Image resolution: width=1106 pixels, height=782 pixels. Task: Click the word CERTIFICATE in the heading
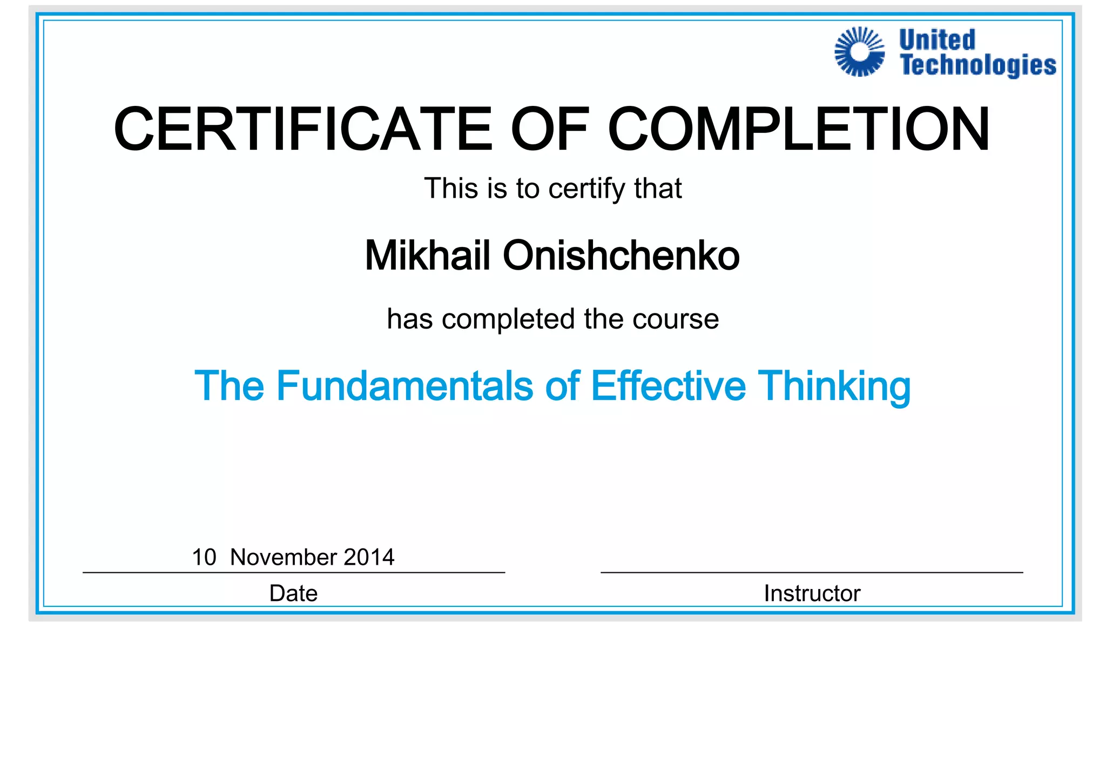[x=303, y=130]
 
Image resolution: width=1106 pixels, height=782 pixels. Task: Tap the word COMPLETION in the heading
[x=799, y=130]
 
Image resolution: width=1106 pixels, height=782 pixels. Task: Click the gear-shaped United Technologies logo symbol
[x=860, y=52]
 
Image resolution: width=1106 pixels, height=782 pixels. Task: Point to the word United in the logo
[x=938, y=40]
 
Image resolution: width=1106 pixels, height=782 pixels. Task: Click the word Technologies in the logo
[x=978, y=66]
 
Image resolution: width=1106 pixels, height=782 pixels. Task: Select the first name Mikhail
[x=427, y=256]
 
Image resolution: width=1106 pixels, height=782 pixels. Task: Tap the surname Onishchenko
[x=621, y=256]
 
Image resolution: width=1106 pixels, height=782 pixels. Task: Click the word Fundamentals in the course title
[x=404, y=386]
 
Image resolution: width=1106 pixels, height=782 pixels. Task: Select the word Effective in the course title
[x=668, y=386]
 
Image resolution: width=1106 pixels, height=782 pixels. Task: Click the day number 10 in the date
[x=204, y=557]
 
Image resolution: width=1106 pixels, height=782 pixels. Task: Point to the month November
[x=284, y=557]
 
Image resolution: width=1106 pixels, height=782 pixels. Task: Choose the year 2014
[x=369, y=557]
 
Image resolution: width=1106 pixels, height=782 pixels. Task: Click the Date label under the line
[x=293, y=593]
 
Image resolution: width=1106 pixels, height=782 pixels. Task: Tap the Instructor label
[x=812, y=593]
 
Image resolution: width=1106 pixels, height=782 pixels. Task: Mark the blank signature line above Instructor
[x=812, y=572]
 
